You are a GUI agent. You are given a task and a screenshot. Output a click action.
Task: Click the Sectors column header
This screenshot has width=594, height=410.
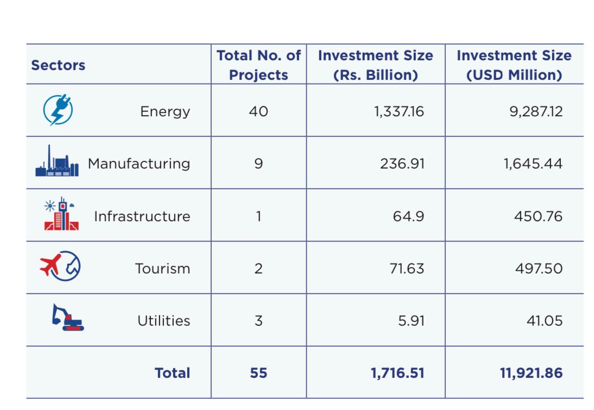58,65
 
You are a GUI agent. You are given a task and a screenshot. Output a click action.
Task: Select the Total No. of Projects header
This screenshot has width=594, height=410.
258,65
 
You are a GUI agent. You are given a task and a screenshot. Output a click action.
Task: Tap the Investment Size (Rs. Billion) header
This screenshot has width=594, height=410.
375,65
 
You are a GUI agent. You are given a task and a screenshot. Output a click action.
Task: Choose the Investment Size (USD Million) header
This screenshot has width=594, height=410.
514,65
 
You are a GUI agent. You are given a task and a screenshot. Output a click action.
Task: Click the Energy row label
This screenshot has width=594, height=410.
165,111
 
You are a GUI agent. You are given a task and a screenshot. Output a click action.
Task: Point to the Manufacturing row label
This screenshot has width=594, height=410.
139,164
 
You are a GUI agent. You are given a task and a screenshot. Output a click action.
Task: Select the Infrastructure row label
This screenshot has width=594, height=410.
142,216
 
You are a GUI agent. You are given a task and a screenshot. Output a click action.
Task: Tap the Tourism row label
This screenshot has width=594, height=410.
162,269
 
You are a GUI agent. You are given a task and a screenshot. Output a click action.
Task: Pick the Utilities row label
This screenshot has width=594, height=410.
163,321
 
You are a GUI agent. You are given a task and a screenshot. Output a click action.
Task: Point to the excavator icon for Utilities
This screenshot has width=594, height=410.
68,318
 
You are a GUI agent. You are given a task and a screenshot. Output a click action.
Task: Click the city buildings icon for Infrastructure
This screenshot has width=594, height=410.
61,214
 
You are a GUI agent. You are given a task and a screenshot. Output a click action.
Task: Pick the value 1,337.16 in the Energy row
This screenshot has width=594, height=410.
399,111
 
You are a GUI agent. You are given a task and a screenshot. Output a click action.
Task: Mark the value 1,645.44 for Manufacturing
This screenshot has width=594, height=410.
533,164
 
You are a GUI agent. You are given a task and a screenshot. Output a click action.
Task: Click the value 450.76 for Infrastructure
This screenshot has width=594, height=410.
538,216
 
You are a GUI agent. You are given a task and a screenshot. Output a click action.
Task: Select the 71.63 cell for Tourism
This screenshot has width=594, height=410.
407,269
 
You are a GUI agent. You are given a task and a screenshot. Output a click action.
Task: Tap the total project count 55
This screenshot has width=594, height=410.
258,373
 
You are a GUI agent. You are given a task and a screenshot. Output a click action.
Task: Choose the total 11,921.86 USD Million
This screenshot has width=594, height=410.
531,373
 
